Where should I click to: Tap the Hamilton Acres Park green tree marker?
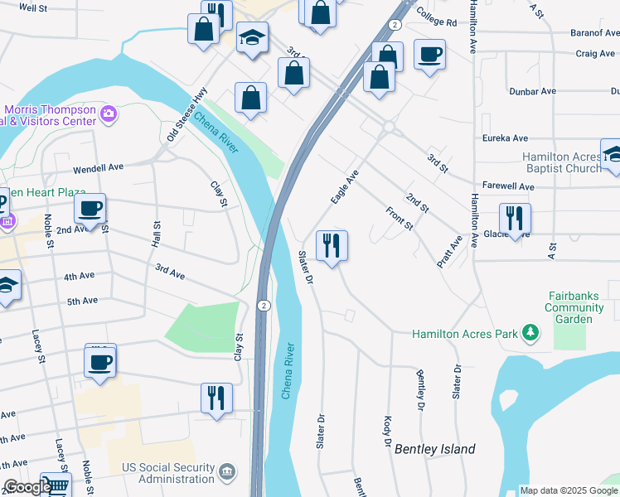[x=530, y=334]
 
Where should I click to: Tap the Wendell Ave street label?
[x=98, y=167]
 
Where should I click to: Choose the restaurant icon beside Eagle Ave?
[x=332, y=245]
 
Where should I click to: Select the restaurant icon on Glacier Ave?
[x=515, y=219]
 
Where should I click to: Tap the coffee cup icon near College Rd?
[x=429, y=55]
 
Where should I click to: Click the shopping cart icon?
[x=56, y=486]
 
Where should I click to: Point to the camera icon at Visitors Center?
[x=108, y=114]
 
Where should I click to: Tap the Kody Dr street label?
[x=386, y=432]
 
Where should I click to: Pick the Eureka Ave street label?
[x=506, y=138]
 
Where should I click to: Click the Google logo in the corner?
[x=27, y=487]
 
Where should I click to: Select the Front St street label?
[x=399, y=219]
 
